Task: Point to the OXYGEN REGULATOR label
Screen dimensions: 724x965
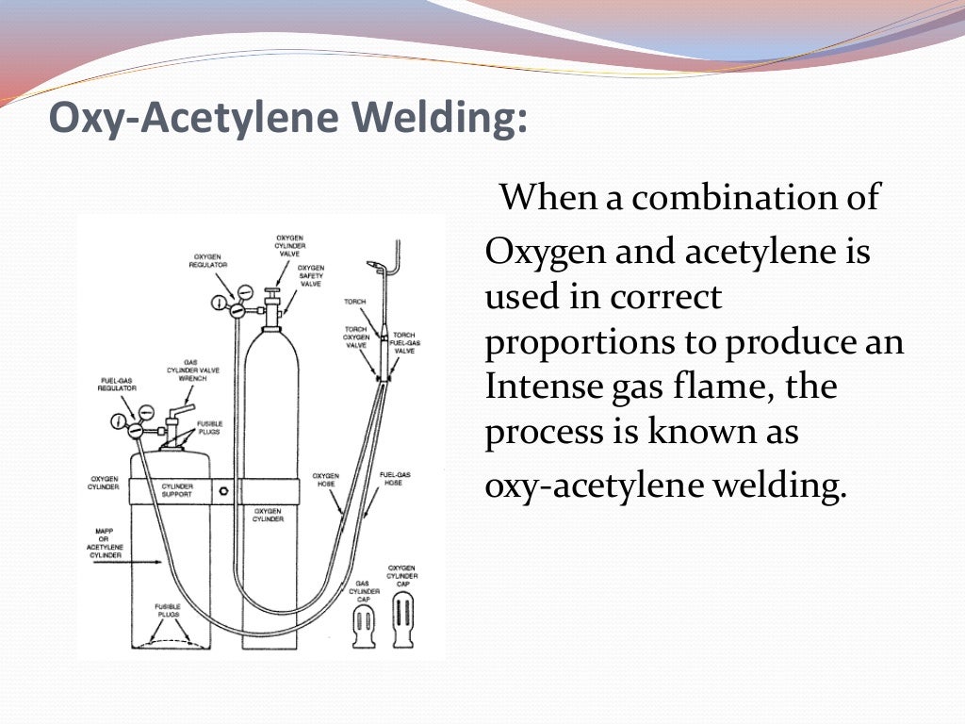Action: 210,261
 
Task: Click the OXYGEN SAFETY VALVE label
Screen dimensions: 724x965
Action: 311,275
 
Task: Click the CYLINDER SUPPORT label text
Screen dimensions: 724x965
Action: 177,491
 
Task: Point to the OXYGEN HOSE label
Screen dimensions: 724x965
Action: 325,480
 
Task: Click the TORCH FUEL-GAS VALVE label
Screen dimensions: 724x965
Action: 404,343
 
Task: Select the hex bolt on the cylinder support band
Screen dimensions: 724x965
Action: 222,491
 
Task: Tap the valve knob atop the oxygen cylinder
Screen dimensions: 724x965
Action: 271,294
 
